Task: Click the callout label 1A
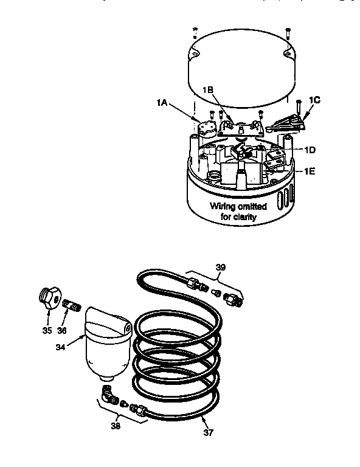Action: [161, 103]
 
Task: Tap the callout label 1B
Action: [208, 89]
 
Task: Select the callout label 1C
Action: [315, 100]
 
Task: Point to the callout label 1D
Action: [310, 150]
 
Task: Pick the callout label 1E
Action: [310, 171]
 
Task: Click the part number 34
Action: [60, 347]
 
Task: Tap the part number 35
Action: [47, 330]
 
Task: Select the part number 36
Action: [61, 330]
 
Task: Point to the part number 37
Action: [209, 432]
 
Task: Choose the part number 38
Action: [116, 426]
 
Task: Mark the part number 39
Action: [221, 267]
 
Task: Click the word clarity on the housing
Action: [244, 216]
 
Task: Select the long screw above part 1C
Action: [299, 109]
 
